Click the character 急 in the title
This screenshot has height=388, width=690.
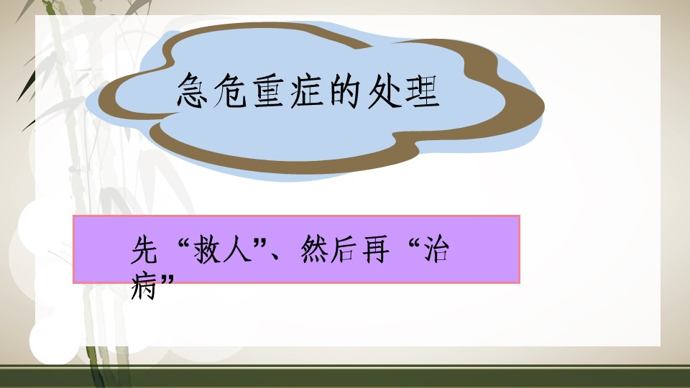tap(193, 91)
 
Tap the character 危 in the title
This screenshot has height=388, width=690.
tap(230, 91)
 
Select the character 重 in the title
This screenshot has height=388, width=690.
tap(268, 91)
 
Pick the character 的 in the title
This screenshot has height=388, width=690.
tap(345, 91)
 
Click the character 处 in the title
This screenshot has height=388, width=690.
tap(383, 91)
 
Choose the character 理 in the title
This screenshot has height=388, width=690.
tap(422, 91)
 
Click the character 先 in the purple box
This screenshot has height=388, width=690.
tap(144, 250)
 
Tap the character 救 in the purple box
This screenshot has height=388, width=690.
tap(207, 250)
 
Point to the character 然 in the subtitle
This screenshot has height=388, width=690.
tap(314, 250)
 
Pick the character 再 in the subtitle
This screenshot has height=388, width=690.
tap(375, 250)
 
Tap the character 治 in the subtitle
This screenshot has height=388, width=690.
tap(436, 250)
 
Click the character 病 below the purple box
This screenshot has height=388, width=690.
tap(144, 287)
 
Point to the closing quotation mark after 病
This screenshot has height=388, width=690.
tap(168, 280)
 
